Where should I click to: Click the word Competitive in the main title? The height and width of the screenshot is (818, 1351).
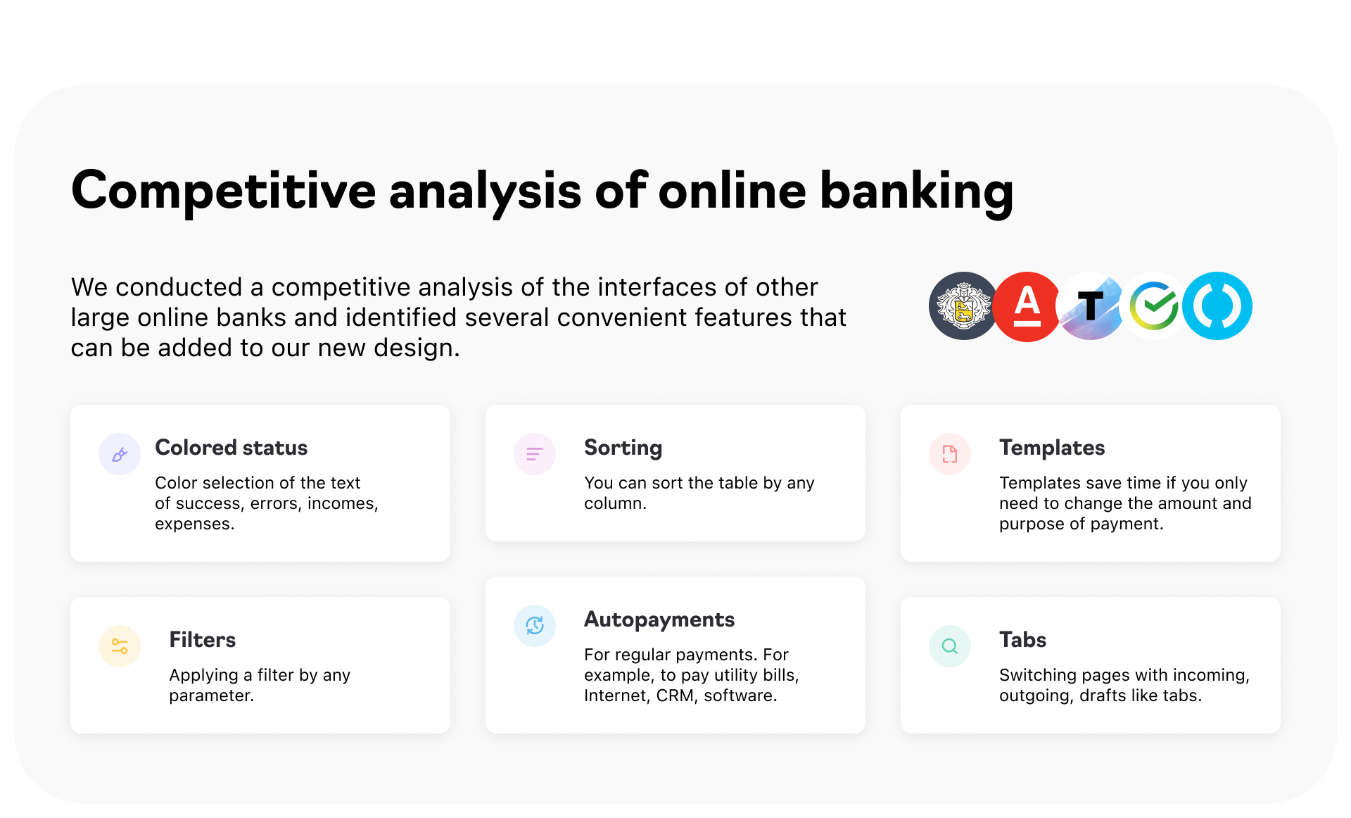tap(224, 191)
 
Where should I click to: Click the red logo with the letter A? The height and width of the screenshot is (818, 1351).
tap(1027, 306)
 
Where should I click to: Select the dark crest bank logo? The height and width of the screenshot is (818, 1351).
tap(963, 306)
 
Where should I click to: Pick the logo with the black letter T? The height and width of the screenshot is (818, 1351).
tap(1091, 306)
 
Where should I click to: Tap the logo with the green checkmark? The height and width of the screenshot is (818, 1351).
tap(1154, 306)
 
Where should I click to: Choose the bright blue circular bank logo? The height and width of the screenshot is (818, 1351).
tap(1217, 306)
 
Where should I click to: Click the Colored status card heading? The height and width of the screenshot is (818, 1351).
tap(231, 448)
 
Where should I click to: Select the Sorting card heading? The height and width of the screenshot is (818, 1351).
tap(623, 448)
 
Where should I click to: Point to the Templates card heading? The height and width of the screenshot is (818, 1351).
tap(1052, 448)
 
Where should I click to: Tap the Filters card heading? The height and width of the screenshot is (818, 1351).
tap(203, 640)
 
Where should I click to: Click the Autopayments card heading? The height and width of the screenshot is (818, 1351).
tap(659, 620)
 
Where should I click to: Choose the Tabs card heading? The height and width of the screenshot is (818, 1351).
tap(1023, 640)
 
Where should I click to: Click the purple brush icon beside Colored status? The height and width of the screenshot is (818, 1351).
tap(120, 454)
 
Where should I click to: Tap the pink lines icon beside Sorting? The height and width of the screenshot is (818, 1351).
tap(535, 454)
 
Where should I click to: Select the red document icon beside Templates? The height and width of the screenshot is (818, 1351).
tap(950, 454)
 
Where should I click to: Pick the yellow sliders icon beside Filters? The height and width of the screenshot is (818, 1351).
tap(120, 646)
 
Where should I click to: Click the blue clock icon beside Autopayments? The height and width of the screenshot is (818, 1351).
tap(535, 626)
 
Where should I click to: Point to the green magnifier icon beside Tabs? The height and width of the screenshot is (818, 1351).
tap(950, 646)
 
